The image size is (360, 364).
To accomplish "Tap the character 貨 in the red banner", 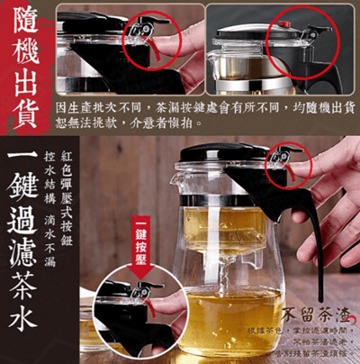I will click(x=27, y=118).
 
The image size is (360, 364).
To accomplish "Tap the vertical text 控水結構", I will click(x=75, y=171).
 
